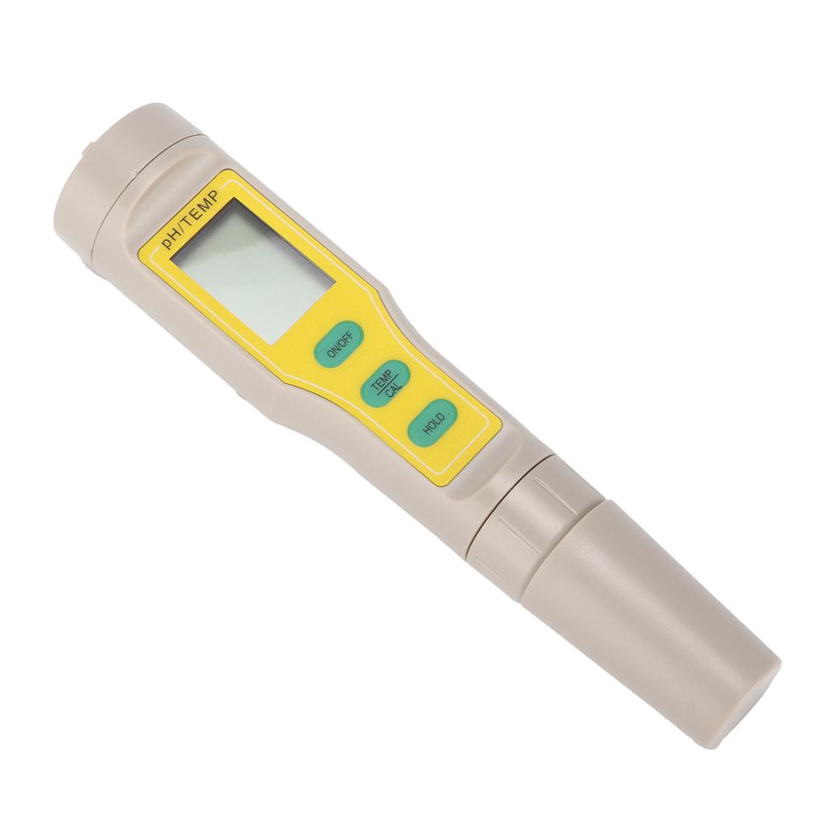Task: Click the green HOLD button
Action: tap(432, 422)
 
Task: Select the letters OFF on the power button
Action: tap(343, 339)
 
